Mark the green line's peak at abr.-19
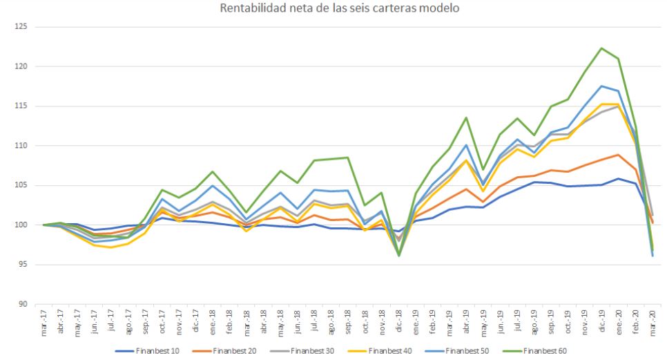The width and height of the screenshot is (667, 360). click(466, 117)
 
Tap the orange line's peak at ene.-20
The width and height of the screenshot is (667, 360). click(617, 155)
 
